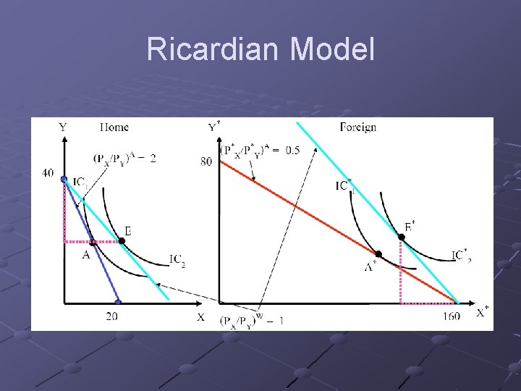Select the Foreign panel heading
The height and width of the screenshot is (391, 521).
(x=357, y=127)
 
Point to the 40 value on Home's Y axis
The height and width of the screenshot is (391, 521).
(x=48, y=172)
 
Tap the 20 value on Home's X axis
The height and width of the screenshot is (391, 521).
(x=112, y=316)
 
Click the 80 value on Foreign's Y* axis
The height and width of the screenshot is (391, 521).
(x=206, y=161)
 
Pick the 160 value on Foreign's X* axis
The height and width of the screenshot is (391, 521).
(x=449, y=316)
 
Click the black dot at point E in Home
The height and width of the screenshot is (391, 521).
(x=122, y=240)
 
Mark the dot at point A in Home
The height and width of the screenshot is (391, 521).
(x=93, y=243)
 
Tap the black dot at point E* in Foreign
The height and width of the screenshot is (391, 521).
(x=401, y=237)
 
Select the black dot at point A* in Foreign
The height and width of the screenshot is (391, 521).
(x=378, y=254)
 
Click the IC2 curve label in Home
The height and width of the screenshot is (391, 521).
(x=177, y=258)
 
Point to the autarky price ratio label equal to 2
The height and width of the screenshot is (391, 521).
(x=124, y=158)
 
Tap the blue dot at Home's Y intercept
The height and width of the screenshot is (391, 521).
(x=64, y=179)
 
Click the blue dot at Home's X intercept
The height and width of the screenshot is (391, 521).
(x=118, y=303)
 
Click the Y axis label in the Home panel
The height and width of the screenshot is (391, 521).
(x=63, y=127)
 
